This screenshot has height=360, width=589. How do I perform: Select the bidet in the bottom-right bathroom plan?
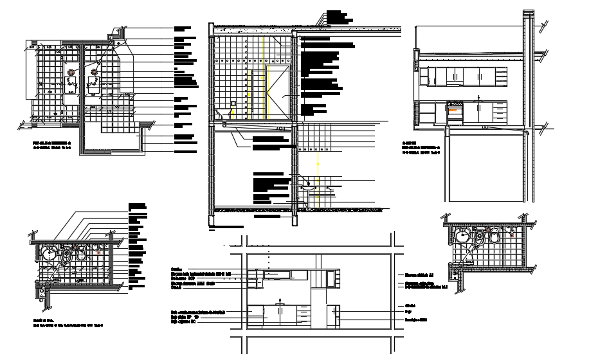pyautogui.click(x=479, y=237)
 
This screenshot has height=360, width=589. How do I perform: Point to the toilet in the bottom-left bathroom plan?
pyautogui.click(x=80, y=253)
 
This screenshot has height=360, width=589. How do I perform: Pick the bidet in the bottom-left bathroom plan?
pyautogui.click(x=66, y=255)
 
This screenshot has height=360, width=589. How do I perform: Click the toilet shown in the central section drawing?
pyautogui.click(x=223, y=114)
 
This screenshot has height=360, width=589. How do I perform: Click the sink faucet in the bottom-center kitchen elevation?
pyautogui.click(x=280, y=300)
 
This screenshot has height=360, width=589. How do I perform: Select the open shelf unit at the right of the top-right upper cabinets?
pyautogui.click(x=499, y=76)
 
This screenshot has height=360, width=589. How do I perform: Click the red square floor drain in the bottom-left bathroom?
pyautogui.click(x=98, y=253)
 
